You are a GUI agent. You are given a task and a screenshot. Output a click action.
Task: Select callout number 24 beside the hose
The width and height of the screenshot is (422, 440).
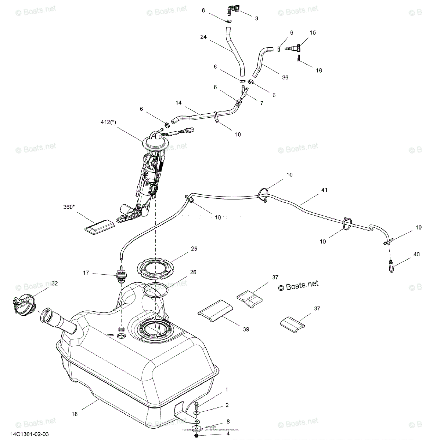(204, 37)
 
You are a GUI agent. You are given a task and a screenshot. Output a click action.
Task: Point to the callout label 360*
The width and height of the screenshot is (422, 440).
(68, 207)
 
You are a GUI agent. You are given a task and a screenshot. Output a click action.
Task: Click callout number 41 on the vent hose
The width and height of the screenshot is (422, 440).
(324, 190)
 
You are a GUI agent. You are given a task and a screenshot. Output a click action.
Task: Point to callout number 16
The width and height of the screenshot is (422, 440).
(319, 70)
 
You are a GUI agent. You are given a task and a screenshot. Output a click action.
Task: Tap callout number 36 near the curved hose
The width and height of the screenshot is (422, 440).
(285, 77)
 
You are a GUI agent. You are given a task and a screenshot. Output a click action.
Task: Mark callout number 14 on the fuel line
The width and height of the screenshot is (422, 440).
(178, 103)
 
